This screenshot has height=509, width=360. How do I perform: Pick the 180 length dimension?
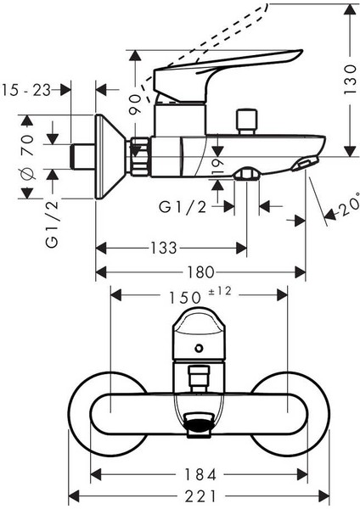[200, 273]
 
